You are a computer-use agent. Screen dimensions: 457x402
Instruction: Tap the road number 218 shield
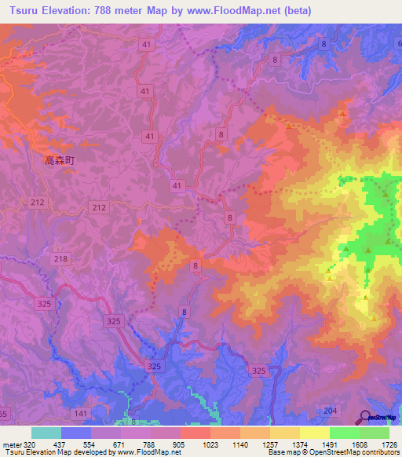point(60,259)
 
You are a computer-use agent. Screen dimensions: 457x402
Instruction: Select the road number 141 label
point(80,414)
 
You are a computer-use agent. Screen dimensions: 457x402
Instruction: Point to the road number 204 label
point(331,410)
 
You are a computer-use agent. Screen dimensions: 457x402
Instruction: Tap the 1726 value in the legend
point(389,444)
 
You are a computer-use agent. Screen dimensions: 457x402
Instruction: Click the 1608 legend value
point(358,444)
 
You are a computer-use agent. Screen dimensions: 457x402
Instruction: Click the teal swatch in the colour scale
point(46,433)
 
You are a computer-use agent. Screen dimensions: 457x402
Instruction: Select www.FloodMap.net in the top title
point(230,11)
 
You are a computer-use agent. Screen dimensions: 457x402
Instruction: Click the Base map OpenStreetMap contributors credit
point(333,453)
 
